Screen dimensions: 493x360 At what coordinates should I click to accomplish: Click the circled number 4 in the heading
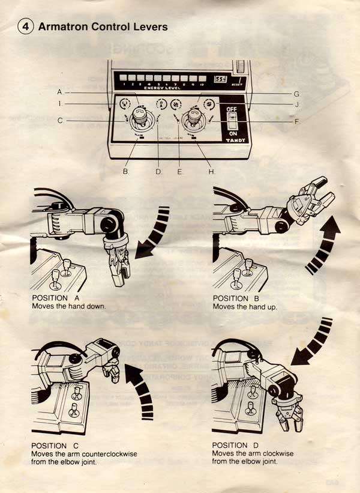[26, 26]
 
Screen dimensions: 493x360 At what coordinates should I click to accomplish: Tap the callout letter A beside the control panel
[59, 91]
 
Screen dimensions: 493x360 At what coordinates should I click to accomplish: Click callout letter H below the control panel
[211, 172]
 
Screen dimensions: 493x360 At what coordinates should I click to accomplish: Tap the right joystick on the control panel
[194, 116]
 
